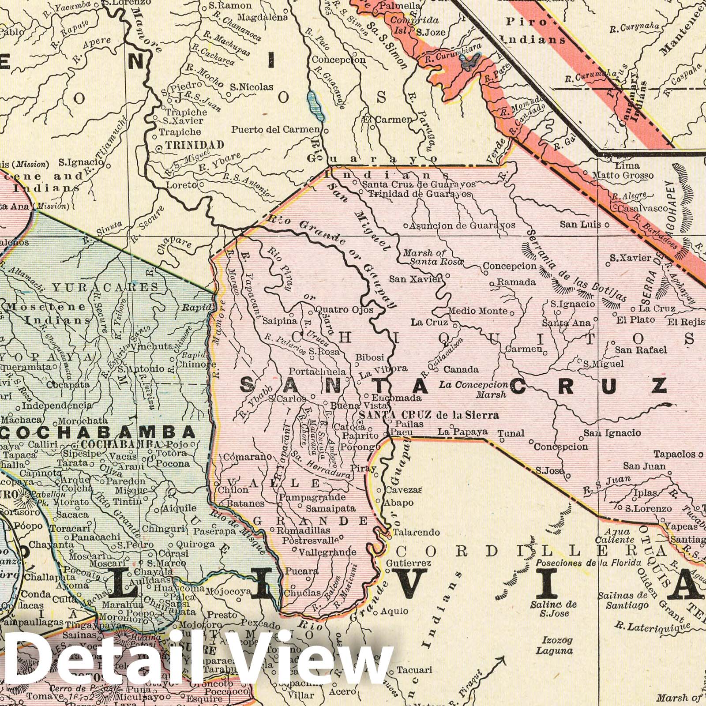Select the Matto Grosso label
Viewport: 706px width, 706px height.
pyautogui.click(x=623, y=176)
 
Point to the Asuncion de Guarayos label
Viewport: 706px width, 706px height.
pyautogui.click(x=462, y=225)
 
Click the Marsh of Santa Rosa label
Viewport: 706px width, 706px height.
pyautogui.click(x=432, y=258)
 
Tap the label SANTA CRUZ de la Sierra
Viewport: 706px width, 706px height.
pyautogui.click(x=429, y=415)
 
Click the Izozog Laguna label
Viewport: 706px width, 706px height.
pyautogui.click(x=554, y=645)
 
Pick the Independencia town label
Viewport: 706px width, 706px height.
pyautogui.click(x=57, y=405)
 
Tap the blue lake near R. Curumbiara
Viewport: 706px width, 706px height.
pyautogui.click(x=469, y=63)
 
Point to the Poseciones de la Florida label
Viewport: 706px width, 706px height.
pyautogui.click(x=589, y=563)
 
